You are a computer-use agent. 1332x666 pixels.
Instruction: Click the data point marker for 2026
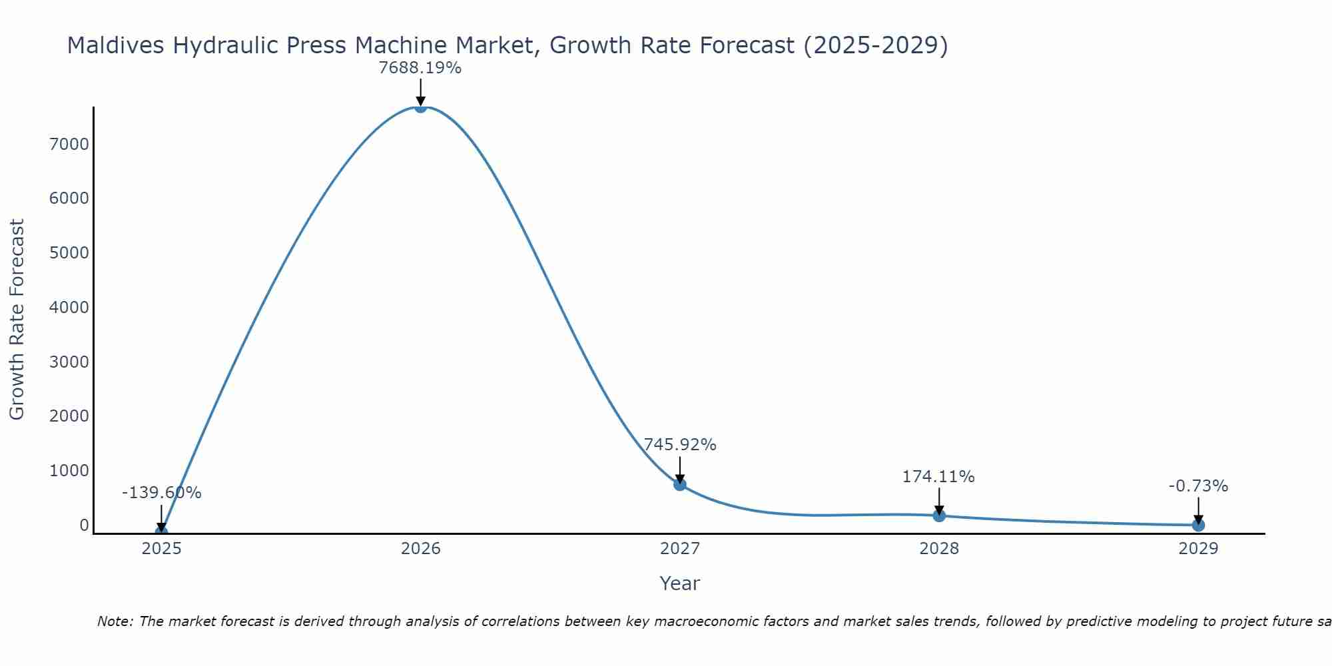click(x=420, y=107)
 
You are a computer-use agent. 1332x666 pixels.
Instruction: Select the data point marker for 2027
click(x=679, y=484)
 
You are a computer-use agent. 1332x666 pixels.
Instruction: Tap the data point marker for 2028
click(x=939, y=515)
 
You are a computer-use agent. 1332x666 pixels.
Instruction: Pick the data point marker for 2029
click(x=1198, y=525)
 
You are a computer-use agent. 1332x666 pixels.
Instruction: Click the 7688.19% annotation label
click(x=420, y=68)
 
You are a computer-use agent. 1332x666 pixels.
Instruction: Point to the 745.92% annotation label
click(x=679, y=445)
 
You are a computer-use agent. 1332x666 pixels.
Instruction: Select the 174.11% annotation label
click(x=938, y=477)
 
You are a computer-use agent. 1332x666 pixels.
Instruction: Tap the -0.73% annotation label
click(x=1198, y=486)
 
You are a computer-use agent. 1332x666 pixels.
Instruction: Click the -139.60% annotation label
click(x=161, y=493)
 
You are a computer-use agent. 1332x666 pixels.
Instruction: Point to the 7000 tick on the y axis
click(x=69, y=144)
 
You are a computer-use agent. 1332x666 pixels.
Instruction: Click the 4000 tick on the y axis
click(x=69, y=307)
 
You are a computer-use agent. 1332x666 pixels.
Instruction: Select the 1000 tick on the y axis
click(x=69, y=470)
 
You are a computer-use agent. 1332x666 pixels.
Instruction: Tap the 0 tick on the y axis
click(x=84, y=525)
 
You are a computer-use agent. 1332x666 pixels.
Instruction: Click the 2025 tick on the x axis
click(x=161, y=549)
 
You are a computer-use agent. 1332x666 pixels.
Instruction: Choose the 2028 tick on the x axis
click(x=939, y=549)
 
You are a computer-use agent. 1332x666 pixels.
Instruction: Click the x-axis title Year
click(x=679, y=583)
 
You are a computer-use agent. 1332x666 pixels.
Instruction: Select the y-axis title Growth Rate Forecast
click(x=17, y=320)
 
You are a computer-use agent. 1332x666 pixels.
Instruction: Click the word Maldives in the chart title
click(x=117, y=45)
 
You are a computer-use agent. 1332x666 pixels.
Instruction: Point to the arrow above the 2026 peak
click(x=420, y=92)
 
